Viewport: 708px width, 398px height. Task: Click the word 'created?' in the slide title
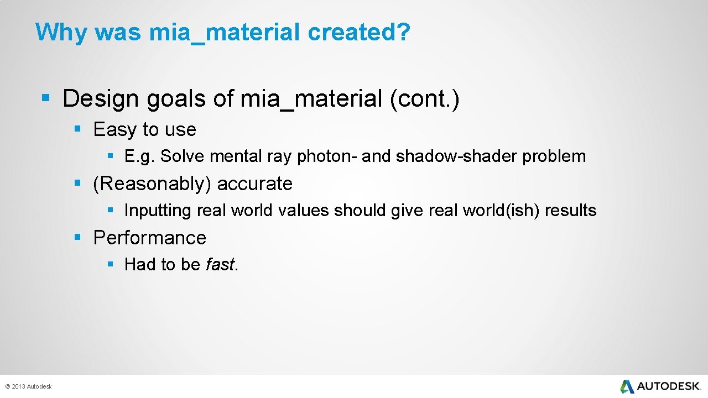click(x=359, y=33)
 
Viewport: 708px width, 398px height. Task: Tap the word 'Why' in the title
click(x=61, y=33)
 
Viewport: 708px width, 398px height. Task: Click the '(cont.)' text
click(x=424, y=98)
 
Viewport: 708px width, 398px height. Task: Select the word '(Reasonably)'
click(x=152, y=184)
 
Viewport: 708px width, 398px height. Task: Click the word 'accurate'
click(x=255, y=184)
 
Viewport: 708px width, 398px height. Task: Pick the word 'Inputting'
click(x=158, y=211)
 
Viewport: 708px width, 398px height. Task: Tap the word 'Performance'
click(x=149, y=238)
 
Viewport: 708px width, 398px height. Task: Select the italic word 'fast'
click(x=220, y=265)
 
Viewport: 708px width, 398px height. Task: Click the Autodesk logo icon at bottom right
click(x=627, y=386)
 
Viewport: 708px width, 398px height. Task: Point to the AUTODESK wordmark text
click(x=669, y=386)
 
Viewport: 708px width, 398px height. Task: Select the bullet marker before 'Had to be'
click(x=111, y=265)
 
